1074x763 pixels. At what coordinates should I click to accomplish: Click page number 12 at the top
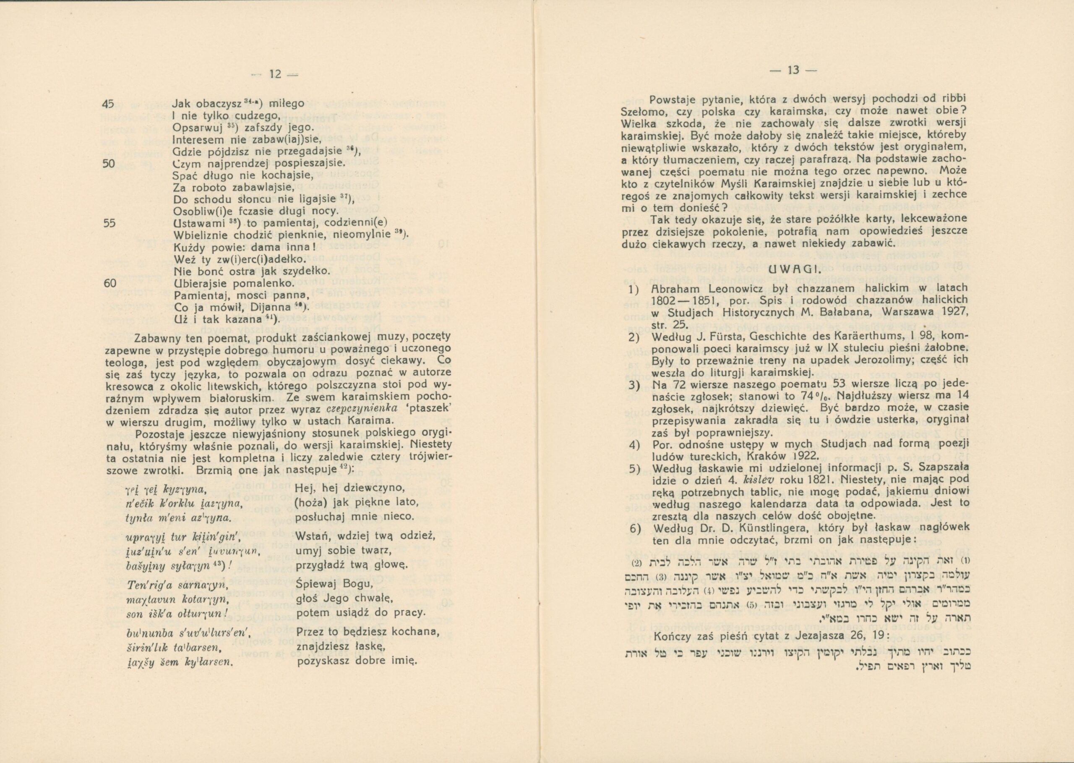[275, 74]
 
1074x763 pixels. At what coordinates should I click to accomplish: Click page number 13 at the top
[793, 71]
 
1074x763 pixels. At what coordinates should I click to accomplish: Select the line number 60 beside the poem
[109, 284]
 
